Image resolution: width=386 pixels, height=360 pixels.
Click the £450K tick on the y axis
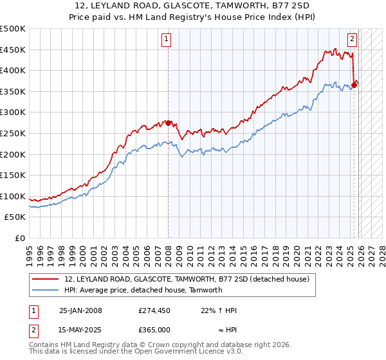[x=13, y=50]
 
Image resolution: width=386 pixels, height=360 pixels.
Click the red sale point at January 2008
[x=168, y=123]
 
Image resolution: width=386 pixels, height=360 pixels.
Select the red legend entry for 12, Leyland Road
[x=187, y=279]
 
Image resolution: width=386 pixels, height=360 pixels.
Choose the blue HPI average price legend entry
[x=143, y=290]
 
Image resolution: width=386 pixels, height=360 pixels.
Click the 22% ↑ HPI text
[x=219, y=310]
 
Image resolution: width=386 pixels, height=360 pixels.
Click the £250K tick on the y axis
[x=13, y=133]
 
